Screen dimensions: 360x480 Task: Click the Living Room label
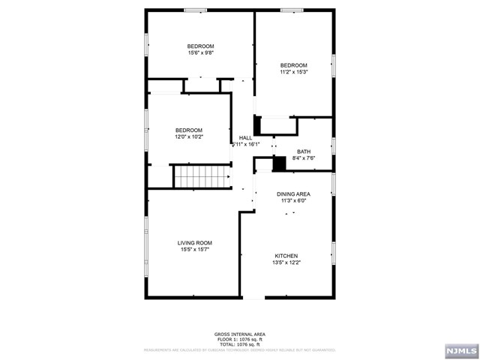tap(195, 243)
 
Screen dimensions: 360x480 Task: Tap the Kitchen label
tap(286, 256)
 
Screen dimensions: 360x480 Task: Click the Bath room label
tap(304, 151)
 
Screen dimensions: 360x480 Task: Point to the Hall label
tap(245, 138)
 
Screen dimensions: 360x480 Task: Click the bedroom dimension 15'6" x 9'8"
tap(200, 53)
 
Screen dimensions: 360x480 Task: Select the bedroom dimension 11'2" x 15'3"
tap(294, 73)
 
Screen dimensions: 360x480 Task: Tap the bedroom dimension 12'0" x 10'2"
tap(189, 137)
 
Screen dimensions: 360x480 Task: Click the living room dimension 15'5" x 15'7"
tap(195, 250)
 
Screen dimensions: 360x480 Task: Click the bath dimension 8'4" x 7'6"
tap(304, 157)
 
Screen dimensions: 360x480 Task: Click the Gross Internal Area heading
tap(240, 334)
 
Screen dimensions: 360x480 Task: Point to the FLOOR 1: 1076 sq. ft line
tap(240, 338)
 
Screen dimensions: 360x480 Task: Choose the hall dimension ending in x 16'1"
tap(250, 145)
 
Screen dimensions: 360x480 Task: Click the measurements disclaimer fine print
tap(240, 349)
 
